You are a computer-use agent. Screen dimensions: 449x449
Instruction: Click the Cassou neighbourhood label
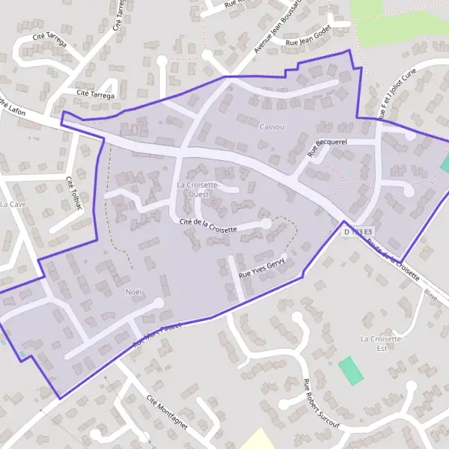click(272, 127)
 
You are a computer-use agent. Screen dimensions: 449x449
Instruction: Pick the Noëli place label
click(134, 290)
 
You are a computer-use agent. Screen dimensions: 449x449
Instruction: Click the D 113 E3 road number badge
click(357, 233)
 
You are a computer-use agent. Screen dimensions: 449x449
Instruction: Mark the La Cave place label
click(13, 204)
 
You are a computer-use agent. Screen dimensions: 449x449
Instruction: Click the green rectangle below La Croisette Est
click(350, 370)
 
